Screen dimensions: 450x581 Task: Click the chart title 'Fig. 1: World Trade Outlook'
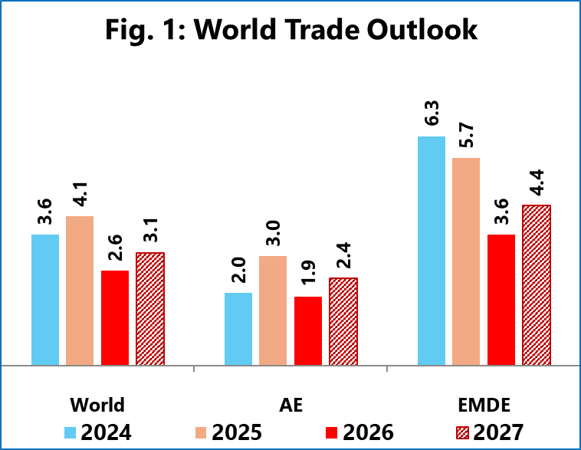tap(290, 30)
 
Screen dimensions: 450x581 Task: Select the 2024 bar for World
tap(45, 300)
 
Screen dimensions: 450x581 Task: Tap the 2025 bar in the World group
tap(80, 291)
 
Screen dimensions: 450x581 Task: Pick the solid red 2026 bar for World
tap(115, 318)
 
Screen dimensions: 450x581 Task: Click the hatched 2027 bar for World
tap(150, 309)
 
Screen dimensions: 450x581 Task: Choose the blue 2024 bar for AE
tap(238, 329)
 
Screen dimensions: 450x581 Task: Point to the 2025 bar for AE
tap(273, 310)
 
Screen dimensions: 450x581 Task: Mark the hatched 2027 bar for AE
tap(343, 321)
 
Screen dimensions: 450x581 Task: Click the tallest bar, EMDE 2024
tap(432, 251)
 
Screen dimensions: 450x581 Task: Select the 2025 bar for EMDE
tap(466, 261)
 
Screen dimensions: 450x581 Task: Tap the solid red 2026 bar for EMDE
tap(501, 300)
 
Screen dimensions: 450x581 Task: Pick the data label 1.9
tap(308, 277)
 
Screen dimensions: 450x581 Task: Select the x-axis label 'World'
tap(97, 405)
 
